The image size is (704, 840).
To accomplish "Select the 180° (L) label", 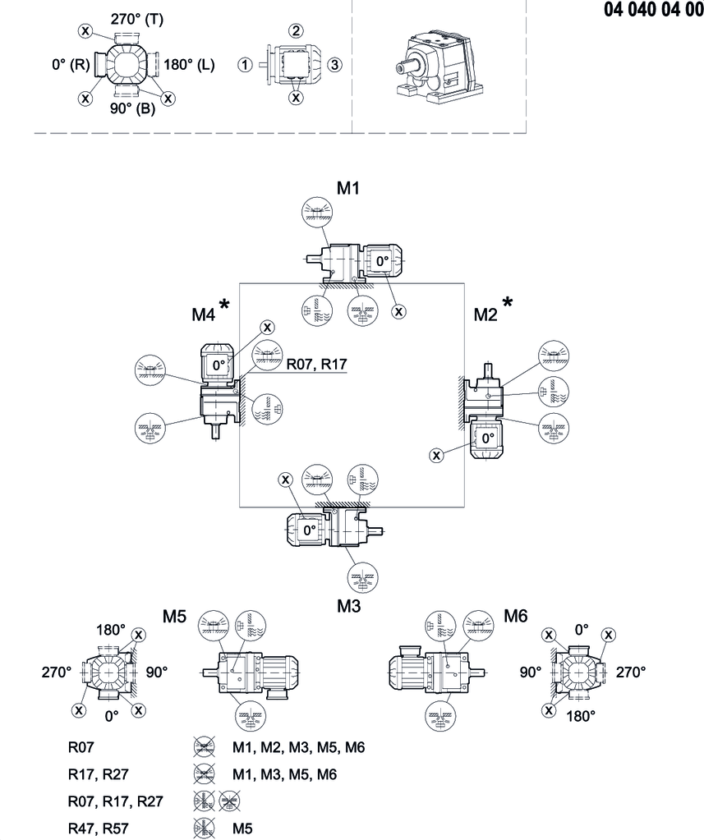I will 190,65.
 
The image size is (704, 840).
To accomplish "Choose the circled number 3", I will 334,65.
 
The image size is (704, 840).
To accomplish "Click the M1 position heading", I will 349,188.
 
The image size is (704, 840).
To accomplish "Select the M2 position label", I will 485,313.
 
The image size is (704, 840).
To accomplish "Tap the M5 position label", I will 174,617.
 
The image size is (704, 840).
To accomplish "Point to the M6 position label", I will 515,617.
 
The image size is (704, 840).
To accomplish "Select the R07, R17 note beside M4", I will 316,363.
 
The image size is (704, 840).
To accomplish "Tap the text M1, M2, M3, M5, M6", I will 298,747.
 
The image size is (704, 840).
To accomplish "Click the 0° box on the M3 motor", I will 308,530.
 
